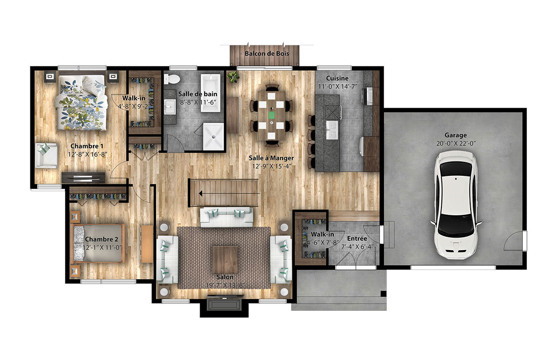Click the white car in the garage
(x=456, y=205)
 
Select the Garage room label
(x=455, y=135)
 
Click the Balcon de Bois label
(x=267, y=53)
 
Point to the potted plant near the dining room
(x=233, y=77)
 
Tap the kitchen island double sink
(x=332, y=130)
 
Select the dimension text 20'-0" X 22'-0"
(x=456, y=144)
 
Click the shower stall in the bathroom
(x=214, y=136)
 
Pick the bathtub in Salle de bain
(x=211, y=93)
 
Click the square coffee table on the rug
(x=225, y=259)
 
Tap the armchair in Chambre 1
(x=46, y=155)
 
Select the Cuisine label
(x=337, y=78)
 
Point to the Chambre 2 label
(x=102, y=239)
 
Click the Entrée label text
(x=357, y=238)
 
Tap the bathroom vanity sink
(x=170, y=107)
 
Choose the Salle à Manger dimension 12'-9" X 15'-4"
(x=272, y=166)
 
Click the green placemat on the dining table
(x=272, y=115)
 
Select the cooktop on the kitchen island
(x=332, y=112)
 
